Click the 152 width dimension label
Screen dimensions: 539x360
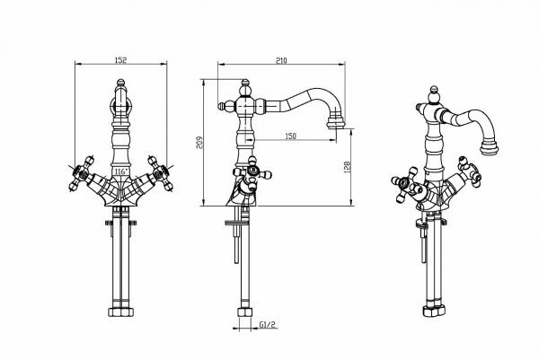[x=120, y=60]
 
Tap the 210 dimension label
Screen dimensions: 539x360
[x=281, y=60]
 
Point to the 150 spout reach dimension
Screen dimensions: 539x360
[x=290, y=136]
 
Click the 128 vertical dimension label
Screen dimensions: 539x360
[x=347, y=167]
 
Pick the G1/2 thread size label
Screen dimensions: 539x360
[x=268, y=324]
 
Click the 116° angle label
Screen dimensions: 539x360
[x=121, y=171]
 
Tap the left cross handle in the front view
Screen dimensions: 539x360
[x=83, y=172]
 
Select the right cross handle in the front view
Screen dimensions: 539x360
[x=159, y=172]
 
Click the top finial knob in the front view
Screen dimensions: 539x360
[x=120, y=83]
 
